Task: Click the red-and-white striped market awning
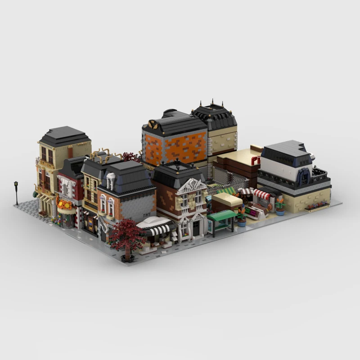(262, 194)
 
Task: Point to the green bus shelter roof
(222, 215)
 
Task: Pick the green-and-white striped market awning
(226, 190)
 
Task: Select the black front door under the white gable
(196, 229)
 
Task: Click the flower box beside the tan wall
(317, 206)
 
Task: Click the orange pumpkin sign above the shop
(64, 205)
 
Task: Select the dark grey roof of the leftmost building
(64, 135)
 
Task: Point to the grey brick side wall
(139, 207)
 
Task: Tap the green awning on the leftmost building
(35, 194)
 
